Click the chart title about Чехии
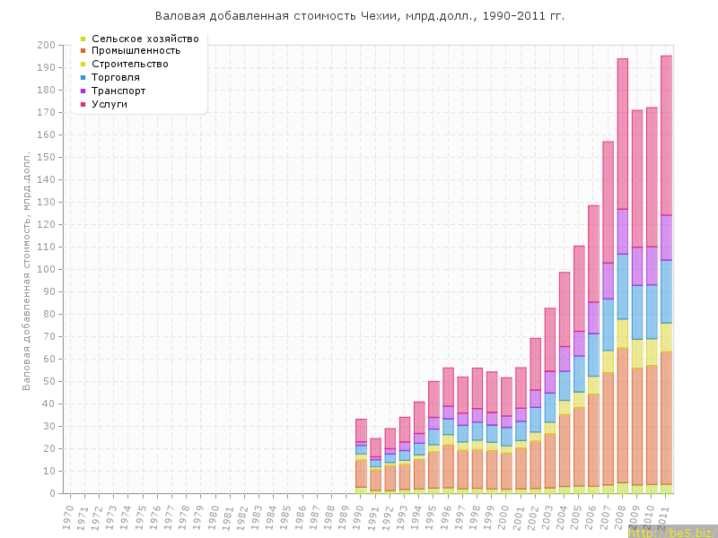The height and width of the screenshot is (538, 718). point(359,16)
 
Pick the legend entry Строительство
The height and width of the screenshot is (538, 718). point(130,65)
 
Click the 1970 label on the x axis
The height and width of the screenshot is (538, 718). point(68,516)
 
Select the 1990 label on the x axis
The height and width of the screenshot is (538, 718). point(360,516)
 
